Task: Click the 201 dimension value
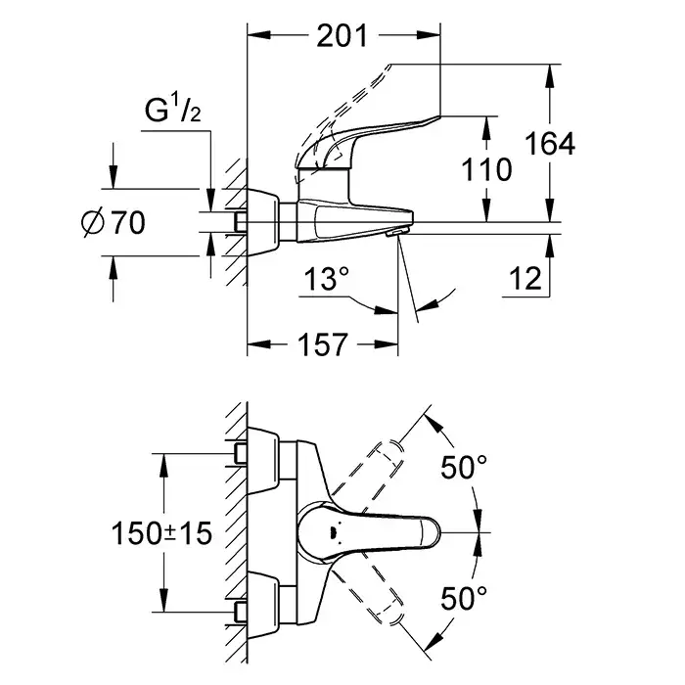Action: pos(342,36)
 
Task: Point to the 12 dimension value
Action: pos(525,280)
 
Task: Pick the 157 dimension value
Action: pos(321,344)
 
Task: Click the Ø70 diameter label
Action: pos(115,223)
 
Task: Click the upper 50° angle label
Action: pos(461,468)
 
